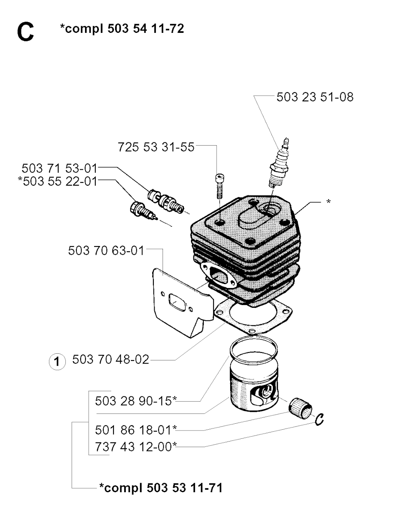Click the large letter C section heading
click(25, 32)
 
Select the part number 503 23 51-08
click(315, 97)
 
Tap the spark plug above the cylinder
click(280, 163)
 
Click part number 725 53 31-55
click(156, 147)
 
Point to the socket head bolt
click(220, 186)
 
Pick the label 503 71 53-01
click(59, 168)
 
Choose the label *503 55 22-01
click(58, 181)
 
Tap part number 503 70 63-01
click(106, 250)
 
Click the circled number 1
click(57, 361)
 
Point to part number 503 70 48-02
click(110, 360)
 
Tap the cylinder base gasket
click(253, 317)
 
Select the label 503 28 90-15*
click(136, 401)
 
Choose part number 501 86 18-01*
click(136, 430)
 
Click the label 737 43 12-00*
click(136, 447)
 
